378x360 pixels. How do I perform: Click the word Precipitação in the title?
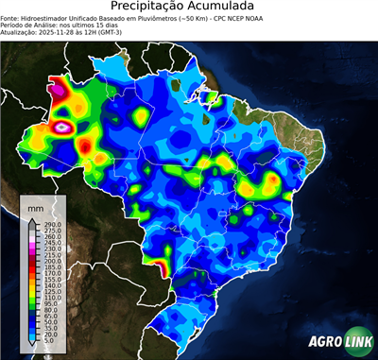[156, 8]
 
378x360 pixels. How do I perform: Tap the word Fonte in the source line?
[10, 18]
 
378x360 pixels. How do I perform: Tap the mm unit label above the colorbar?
[36, 206]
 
